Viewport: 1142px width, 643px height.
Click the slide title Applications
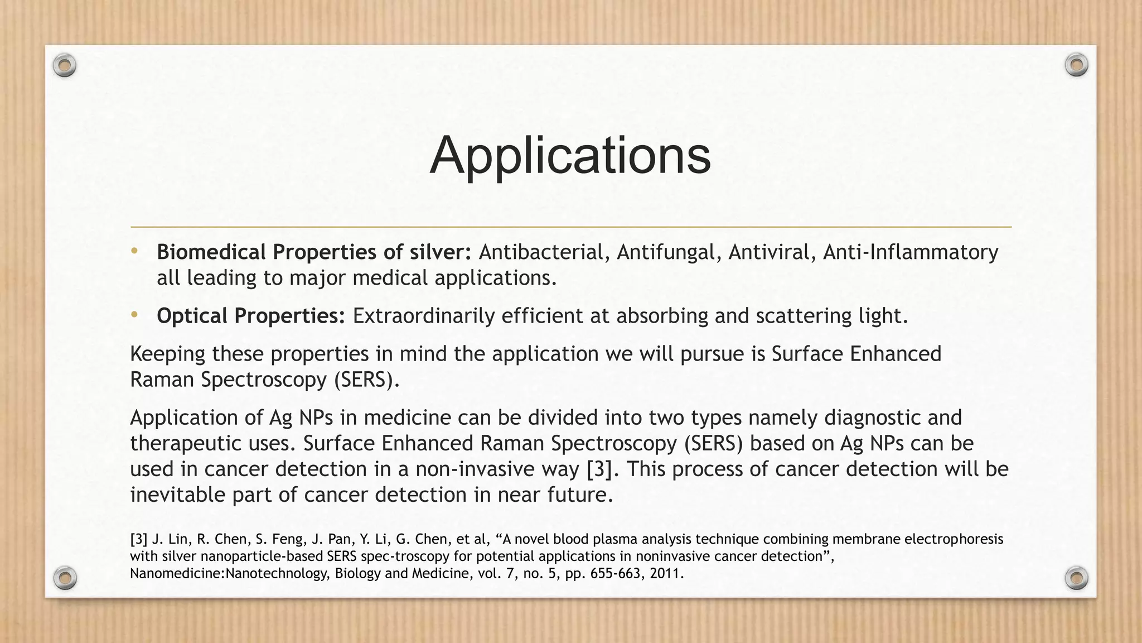pos(570,155)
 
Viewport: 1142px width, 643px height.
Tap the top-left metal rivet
pos(65,66)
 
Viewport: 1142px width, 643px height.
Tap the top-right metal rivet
pos(1076,65)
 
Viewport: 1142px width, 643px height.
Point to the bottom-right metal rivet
pos(1076,578)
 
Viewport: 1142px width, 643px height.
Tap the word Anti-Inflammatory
pos(910,252)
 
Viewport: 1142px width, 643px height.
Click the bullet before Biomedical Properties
pos(134,251)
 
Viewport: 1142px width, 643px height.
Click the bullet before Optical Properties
pos(134,315)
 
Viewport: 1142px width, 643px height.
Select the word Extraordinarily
pos(423,316)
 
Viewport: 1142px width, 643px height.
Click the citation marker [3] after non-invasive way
pos(603,469)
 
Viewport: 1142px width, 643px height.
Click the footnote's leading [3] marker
pos(139,539)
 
